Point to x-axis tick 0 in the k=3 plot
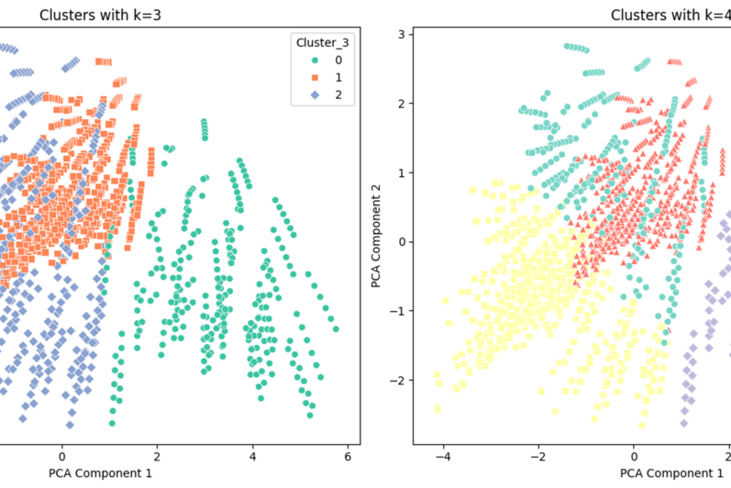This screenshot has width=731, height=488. tap(61, 456)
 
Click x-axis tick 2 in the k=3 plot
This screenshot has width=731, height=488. tap(157, 456)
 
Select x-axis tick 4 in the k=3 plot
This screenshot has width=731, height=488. tap(252, 456)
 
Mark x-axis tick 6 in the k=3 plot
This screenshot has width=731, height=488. tap(348, 456)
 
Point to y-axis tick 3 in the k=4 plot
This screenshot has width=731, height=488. tap(402, 35)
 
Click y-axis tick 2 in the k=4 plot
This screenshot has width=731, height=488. tap(402, 104)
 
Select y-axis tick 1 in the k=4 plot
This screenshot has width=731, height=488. tap(402, 172)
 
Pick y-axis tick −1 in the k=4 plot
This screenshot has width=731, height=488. tap(399, 310)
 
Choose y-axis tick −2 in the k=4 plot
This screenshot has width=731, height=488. tap(399, 379)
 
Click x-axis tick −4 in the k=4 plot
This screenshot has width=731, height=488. tap(442, 456)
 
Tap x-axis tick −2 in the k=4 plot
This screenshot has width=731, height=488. tap(537, 456)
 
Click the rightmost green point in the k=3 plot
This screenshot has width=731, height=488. tap(336, 328)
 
